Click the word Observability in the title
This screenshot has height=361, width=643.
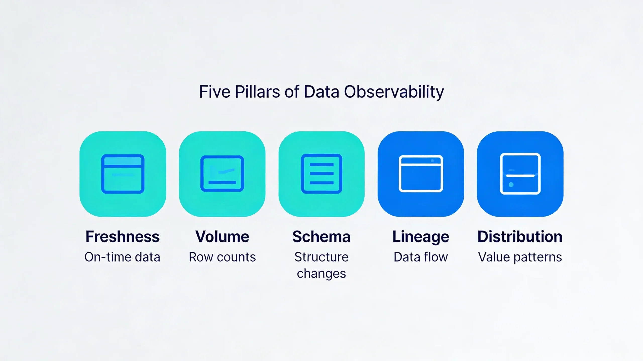click(x=394, y=92)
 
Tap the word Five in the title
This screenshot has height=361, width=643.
click(x=215, y=92)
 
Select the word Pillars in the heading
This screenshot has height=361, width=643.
click(x=257, y=92)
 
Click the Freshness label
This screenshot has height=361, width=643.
click(x=123, y=237)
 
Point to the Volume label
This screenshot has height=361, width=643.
click(x=222, y=237)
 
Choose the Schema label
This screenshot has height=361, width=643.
click(x=321, y=237)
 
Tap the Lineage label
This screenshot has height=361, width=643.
click(x=421, y=237)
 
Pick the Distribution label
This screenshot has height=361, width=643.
click(x=520, y=237)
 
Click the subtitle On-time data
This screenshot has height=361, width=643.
click(x=122, y=257)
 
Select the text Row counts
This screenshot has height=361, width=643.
click(x=222, y=257)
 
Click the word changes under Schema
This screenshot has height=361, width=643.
click(x=321, y=273)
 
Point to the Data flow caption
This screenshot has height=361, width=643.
click(x=421, y=257)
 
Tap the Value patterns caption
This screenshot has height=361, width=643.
click(x=520, y=257)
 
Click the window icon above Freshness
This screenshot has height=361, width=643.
click(x=123, y=174)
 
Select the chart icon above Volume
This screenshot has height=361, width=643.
click(x=222, y=174)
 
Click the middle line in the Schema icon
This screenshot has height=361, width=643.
click(x=321, y=174)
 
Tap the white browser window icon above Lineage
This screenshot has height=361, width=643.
click(x=421, y=174)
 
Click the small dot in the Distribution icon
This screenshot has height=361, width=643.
click(x=511, y=185)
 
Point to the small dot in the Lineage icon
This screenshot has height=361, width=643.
click(x=432, y=161)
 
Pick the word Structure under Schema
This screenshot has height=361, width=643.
click(x=321, y=257)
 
